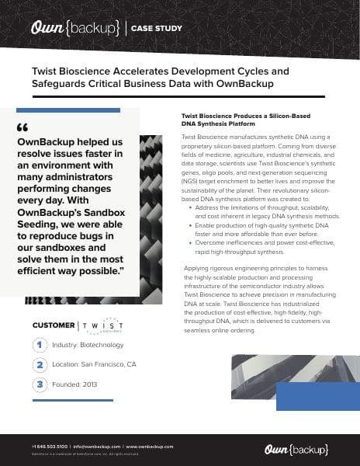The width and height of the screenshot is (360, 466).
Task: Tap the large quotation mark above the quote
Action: click(22, 128)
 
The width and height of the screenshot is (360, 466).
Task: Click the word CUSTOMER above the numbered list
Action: click(54, 325)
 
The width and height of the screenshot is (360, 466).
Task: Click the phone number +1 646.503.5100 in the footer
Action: click(50, 447)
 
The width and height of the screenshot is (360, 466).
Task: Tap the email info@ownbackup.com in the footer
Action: click(97, 447)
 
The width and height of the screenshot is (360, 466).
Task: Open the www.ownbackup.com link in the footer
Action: click(150, 447)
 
